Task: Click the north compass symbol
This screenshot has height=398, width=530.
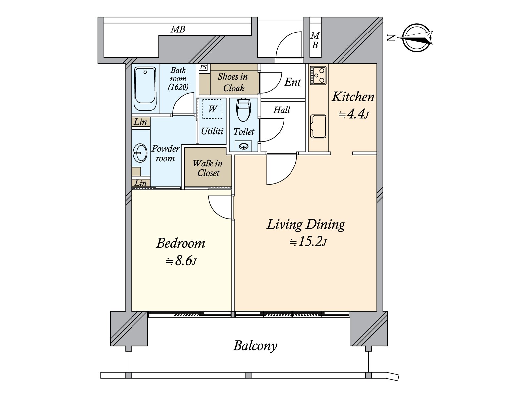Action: click(417, 38)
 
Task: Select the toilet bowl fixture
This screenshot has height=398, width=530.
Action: click(243, 110)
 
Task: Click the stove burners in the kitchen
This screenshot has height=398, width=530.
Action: click(318, 75)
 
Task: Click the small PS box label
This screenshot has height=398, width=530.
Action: click(203, 67)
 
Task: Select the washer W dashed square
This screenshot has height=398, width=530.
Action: click(212, 109)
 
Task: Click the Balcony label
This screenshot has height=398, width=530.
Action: click(255, 346)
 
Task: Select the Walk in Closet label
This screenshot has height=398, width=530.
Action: click(208, 168)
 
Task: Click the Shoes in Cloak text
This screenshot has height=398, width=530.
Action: click(233, 82)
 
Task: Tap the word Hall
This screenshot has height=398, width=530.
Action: click(282, 110)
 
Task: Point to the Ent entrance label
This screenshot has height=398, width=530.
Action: click(292, 82)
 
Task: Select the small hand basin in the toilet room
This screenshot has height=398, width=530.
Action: click(243, 146)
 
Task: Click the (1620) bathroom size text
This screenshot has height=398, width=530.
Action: click(178, 87)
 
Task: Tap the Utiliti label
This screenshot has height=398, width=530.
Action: click(212, 131)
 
